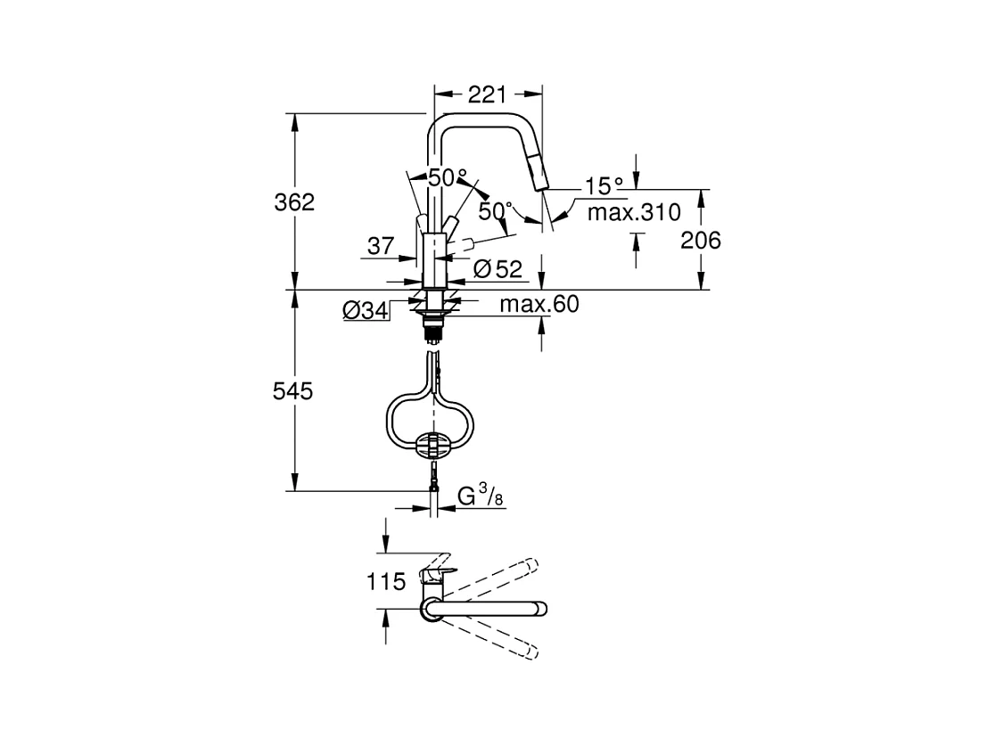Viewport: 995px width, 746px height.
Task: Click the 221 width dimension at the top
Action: coord(488,94)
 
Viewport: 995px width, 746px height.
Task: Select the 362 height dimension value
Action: coord(294,202)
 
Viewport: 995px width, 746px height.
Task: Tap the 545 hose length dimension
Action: coord(294,391)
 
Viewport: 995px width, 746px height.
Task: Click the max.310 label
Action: coord(634,213)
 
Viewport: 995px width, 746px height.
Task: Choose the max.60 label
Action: coord(539,305)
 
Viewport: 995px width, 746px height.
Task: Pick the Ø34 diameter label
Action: coord(365,310)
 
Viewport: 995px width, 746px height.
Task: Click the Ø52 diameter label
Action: coord(497,267)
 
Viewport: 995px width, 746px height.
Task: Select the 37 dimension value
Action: coord(381,246)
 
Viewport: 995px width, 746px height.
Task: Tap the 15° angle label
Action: coord(604,186)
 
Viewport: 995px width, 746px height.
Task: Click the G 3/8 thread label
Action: coord(481,496)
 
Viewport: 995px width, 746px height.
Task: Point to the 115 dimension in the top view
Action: coord(386,583)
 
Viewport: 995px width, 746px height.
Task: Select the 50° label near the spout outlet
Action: coord(496,212)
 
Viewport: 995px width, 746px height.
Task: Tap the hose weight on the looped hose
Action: coord(433,445)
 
